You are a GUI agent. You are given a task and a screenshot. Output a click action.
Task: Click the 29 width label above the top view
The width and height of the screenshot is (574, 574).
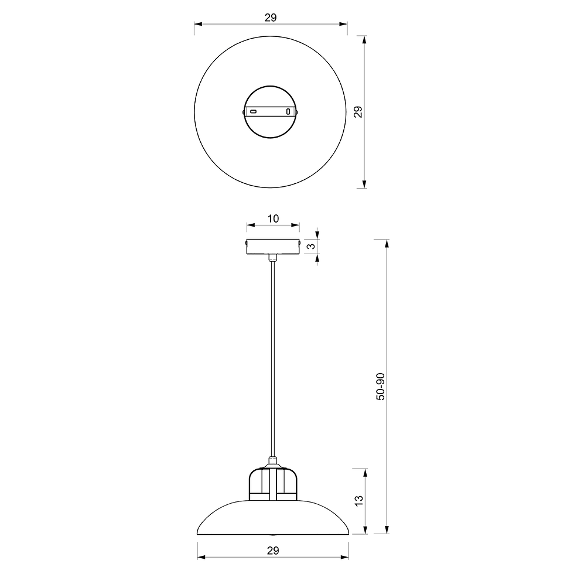coord(271,18)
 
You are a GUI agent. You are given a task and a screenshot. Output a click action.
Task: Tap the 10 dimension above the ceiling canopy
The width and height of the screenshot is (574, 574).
coord(273,218)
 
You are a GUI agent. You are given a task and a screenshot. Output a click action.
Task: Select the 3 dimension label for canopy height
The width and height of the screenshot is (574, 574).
coord(311,246)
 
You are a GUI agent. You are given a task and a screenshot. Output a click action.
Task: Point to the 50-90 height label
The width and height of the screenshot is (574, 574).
coord(381,387)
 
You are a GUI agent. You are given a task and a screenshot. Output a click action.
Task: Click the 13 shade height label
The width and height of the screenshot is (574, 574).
coord(359,500)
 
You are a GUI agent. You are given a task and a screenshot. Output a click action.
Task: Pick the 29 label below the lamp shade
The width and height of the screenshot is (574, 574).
coord(273,551)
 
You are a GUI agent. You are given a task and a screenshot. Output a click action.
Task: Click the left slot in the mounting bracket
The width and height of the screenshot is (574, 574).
coord(253,111)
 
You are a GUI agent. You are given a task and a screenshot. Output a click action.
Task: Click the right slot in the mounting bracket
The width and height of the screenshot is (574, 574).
coord(288,111)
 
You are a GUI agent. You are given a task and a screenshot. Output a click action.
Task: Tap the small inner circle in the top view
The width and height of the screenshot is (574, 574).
coord(271,87)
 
